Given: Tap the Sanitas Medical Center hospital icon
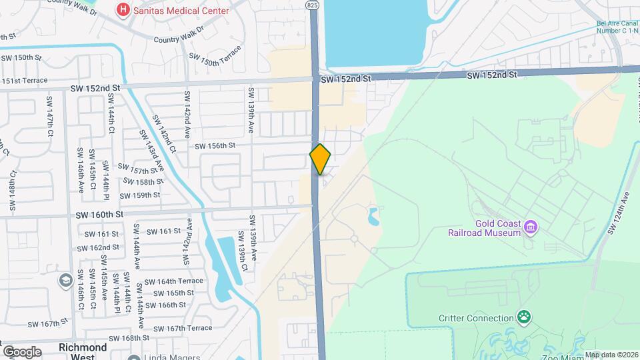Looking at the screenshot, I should [123, 10].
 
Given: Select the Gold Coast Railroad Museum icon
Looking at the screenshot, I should [531, 228].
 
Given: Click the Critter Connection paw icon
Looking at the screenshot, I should [525, 318].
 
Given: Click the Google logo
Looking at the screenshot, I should [21, 351].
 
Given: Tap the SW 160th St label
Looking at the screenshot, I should [100, 215].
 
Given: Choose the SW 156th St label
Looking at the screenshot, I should [215, 145].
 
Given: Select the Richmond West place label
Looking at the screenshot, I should [83, 352].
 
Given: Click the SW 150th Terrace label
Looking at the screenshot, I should [215, 59].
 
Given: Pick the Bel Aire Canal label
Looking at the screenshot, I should [618, 27].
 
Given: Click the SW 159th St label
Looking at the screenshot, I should [140, 195].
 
